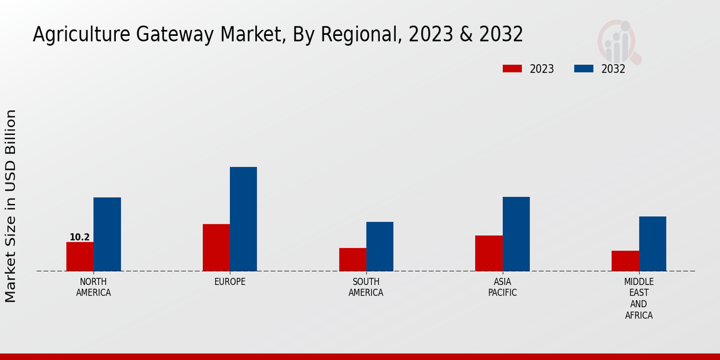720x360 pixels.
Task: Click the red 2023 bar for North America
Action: click(x=80, y=256)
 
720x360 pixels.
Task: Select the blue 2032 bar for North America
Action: click(x=107, y=234)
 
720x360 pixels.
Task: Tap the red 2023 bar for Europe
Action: click(x=216, y=247)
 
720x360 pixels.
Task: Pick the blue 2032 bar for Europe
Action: click(x=243, y=219)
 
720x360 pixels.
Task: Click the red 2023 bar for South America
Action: click(x=352, y=259)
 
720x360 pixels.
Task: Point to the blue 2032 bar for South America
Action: click(x=380, y=246)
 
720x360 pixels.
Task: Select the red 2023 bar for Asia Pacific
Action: click(x=488, y=253)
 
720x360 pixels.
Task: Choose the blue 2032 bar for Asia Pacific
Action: click(x=516, y=234)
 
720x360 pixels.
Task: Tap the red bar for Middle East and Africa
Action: click(x=625, y=260)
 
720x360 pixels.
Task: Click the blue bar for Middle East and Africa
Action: click(x=652, y=244)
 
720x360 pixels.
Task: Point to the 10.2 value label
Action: click(x=80, y=237)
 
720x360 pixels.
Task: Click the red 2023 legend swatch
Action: click(x=512, y=68)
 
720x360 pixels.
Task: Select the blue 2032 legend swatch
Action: click(x=583, y=68)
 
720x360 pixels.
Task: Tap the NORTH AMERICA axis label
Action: click(x=94, y=287)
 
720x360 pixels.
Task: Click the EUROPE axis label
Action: click(x=230, y=282)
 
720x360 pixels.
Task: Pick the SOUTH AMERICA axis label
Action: click(x=366, y=287)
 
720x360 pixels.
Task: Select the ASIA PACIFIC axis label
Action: click(x=502, y=287)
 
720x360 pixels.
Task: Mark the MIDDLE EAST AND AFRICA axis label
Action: click(x=638, y=298)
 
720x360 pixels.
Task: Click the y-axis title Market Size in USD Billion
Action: click(x=11, y=206)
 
